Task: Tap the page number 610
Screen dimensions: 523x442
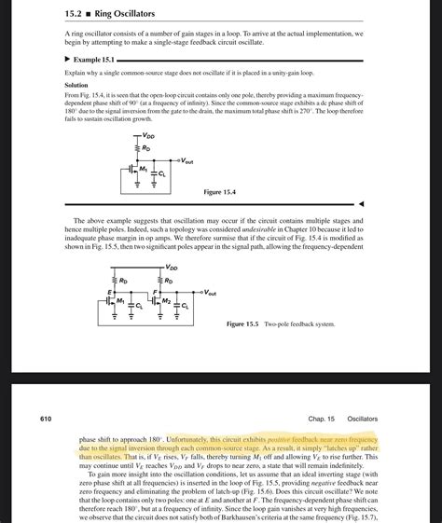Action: point(45,419)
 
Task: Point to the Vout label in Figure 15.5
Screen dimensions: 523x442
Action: point(212,291)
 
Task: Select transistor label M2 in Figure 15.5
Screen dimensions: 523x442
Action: point(167,300)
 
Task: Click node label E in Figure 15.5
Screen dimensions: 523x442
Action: point(110,292)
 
